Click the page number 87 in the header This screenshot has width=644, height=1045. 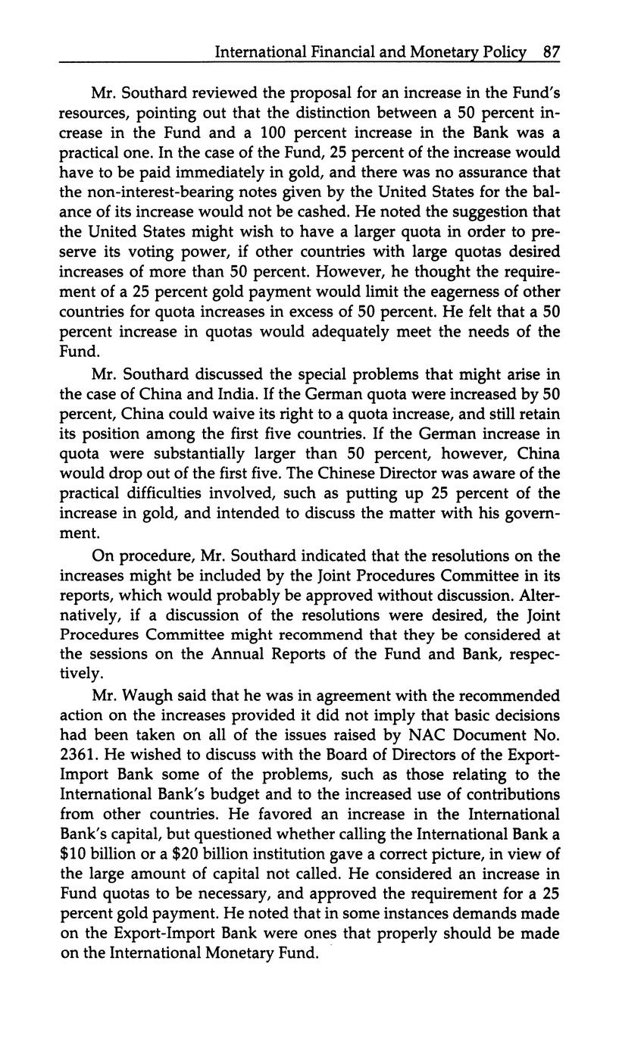[x=551, y=52]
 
